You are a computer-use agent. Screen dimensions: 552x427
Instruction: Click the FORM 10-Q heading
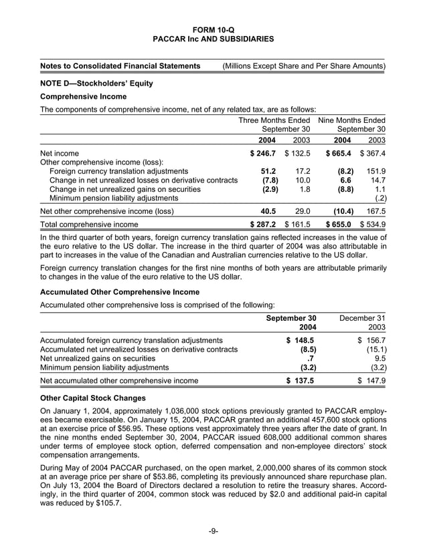pyautogui.click(x=213, y=29)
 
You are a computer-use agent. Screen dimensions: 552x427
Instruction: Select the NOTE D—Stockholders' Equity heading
pyautogui.click(x=96, y=84)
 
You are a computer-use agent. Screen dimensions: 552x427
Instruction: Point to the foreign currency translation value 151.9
pyautogui.click(x=374, y=171)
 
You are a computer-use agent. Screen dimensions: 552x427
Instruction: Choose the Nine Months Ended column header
pyautogui.click(x=351, y=120)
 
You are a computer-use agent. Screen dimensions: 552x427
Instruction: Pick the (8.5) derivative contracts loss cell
pyautogui.click(x=307, y=349)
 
